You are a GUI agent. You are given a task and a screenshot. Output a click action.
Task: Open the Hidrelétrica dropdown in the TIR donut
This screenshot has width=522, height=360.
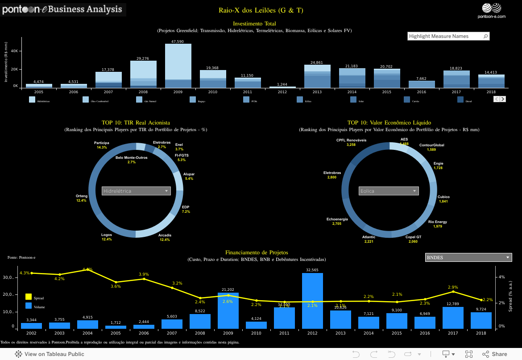(x=136, y=191)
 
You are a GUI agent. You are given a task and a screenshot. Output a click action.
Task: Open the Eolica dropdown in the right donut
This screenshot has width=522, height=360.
(x=389, y=191)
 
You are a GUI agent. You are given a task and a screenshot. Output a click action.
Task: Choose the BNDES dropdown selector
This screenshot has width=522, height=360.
(x=468, y=257)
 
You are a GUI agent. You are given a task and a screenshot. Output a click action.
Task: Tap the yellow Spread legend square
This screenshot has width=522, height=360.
(x=29, y=297)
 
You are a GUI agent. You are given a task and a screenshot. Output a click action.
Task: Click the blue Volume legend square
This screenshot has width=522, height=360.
(x=29, y=306)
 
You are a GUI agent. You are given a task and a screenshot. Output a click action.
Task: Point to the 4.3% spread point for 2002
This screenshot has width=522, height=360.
(x=32, y=273)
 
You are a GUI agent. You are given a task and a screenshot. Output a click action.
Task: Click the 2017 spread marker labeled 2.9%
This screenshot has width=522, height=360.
(x=454, y=291)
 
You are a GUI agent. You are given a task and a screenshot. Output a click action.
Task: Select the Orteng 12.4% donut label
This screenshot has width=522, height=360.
(x=82, y=198)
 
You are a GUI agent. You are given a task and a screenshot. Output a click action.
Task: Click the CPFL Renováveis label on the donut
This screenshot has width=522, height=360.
(x=351, y=142)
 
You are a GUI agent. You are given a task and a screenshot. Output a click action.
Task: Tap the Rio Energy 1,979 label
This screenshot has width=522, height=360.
(x=437, y=224)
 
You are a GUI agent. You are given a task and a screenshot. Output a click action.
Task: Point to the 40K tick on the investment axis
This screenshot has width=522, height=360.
(x=14, y=51)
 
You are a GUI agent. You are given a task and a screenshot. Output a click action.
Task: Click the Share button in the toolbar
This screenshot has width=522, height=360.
(x=495, y=354)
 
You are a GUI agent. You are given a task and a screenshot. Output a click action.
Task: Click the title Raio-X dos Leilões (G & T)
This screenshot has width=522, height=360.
(x=261, y=10)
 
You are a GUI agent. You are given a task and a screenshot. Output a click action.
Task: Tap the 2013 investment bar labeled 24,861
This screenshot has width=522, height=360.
(x=317, y=76)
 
